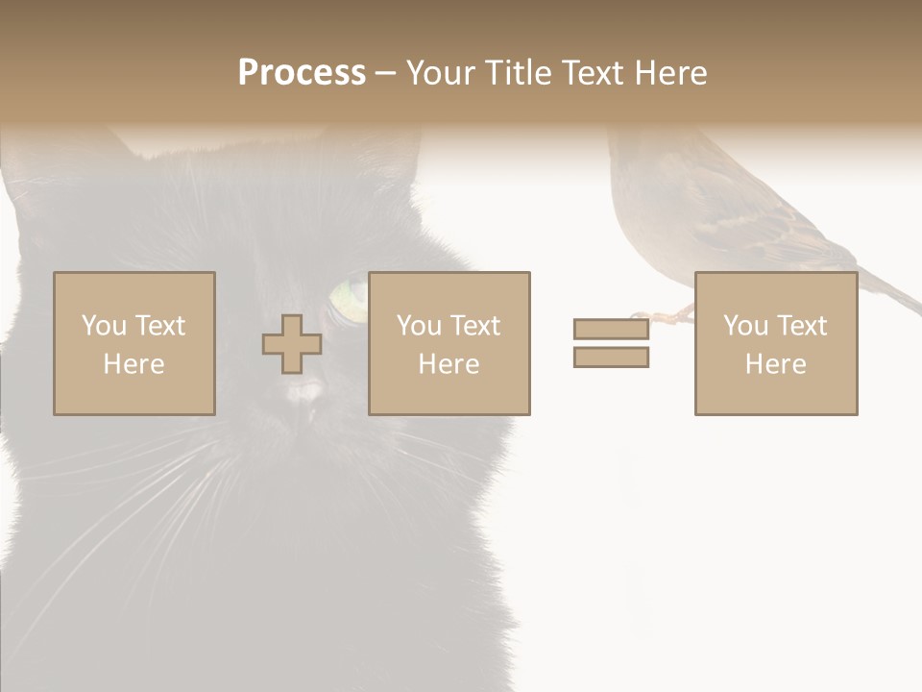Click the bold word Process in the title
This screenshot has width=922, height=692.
302,73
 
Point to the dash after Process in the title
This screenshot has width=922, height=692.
385,74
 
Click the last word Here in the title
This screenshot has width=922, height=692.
669,73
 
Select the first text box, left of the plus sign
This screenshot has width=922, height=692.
133,343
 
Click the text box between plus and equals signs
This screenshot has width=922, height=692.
449,343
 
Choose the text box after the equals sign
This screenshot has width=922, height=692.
775,343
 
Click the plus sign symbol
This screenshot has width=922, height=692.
292,344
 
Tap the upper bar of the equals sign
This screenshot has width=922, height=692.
611,329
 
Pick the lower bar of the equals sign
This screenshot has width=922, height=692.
611,358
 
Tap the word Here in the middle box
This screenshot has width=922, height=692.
449,364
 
